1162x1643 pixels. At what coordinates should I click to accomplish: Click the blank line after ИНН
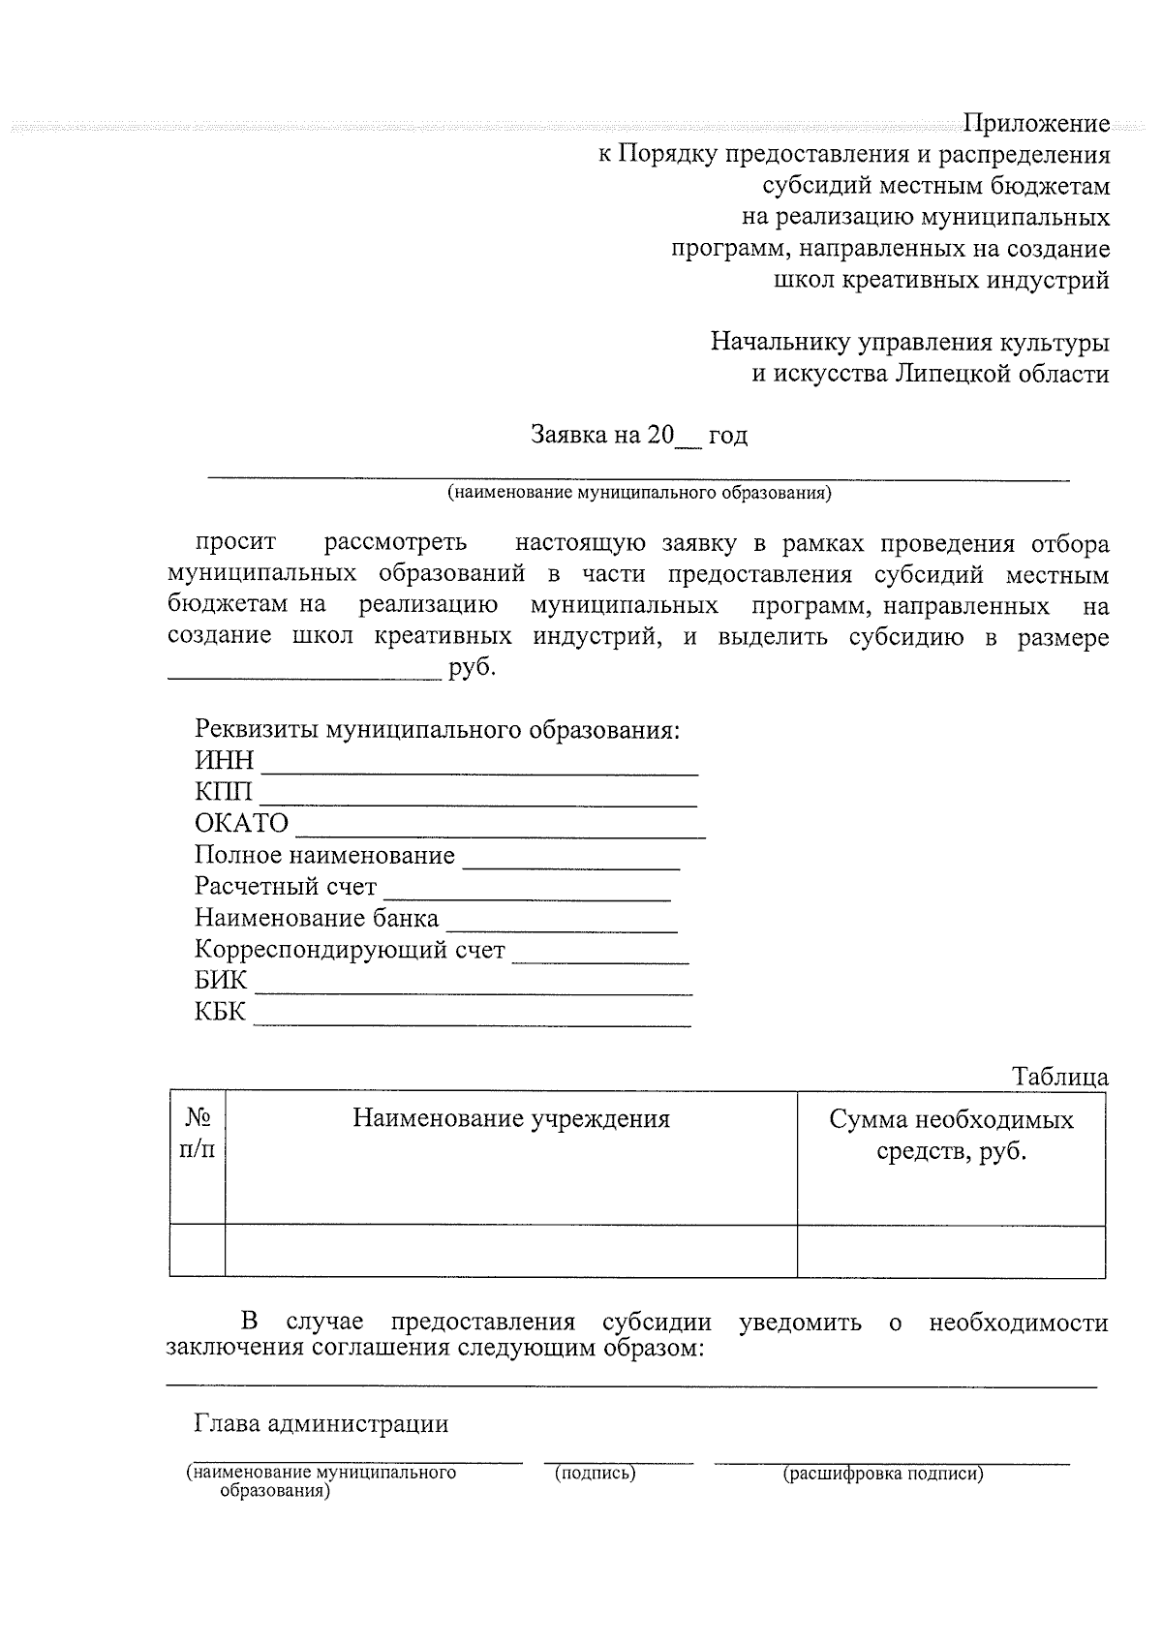point(480,765)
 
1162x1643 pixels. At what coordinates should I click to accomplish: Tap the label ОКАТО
point(241,824)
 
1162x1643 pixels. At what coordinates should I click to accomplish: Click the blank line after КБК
point(473,1015)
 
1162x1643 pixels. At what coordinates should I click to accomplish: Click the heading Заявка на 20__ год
point(638,436)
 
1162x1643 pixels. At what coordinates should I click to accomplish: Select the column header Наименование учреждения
point(510,1119)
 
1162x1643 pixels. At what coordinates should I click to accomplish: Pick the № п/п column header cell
point(198,1133)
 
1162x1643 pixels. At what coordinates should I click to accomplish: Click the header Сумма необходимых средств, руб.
point(951,1136)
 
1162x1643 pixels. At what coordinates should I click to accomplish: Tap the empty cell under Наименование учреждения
point(510,1250)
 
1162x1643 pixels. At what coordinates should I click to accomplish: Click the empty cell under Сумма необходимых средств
point(951,1250)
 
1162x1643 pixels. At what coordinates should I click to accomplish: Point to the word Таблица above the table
point(1059,1077)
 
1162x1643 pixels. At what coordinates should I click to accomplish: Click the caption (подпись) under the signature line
point(594,1474)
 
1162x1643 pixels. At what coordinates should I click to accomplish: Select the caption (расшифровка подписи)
point(882,1474)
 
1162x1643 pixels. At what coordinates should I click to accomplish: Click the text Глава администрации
point(321,1423)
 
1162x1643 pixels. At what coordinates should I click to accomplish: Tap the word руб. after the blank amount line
point(472,668)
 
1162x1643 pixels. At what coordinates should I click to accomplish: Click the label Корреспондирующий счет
point(350,950)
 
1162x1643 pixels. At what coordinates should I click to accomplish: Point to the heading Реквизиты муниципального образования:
point(437,729)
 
